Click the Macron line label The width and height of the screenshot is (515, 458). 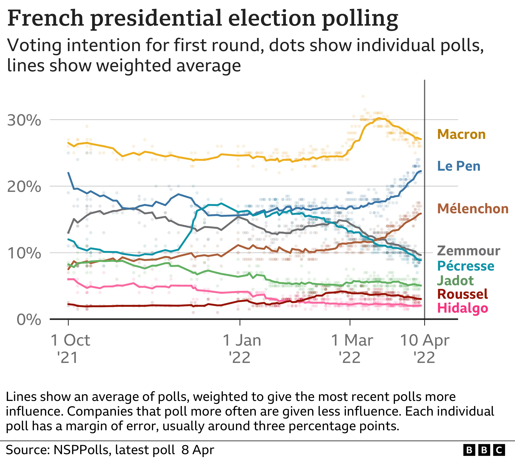coord(461,134)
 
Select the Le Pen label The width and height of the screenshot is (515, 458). coord(459,166)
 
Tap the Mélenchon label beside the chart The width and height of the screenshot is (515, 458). coord(473,209)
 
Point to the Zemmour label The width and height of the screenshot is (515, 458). coord(468,251)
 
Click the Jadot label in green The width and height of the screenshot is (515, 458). coord(455,281)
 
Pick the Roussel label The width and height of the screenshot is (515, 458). coord(462,294)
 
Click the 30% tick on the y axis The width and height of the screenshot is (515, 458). coord(24,120)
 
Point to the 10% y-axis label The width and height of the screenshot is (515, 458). coord(24,253)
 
